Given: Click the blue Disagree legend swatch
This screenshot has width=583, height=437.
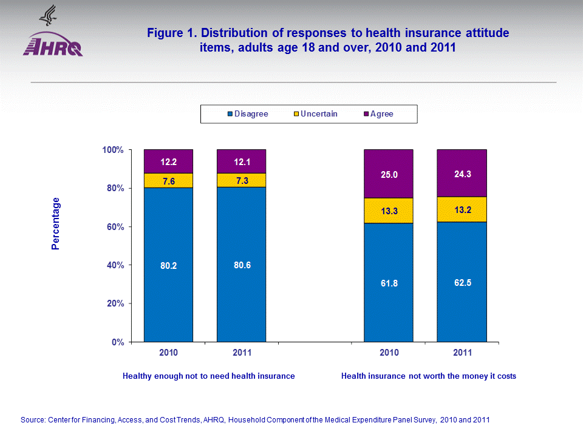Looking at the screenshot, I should coord(230,114).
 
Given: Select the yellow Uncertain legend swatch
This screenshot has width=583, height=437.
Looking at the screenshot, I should coord(296,114).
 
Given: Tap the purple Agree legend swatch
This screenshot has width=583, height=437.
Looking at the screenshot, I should coord(366,114).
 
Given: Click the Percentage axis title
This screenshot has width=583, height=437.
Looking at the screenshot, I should coord(56,223).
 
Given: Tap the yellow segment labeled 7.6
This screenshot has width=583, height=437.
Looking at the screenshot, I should coord(168,180).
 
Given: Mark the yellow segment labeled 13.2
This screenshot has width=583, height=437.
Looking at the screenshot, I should coord(462,209).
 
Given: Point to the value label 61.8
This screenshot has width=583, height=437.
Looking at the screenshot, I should coord(388,283).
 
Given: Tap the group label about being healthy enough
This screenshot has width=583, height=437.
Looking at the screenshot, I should coord(208,376).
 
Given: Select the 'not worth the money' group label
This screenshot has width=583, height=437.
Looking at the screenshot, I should coord(428,376).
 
